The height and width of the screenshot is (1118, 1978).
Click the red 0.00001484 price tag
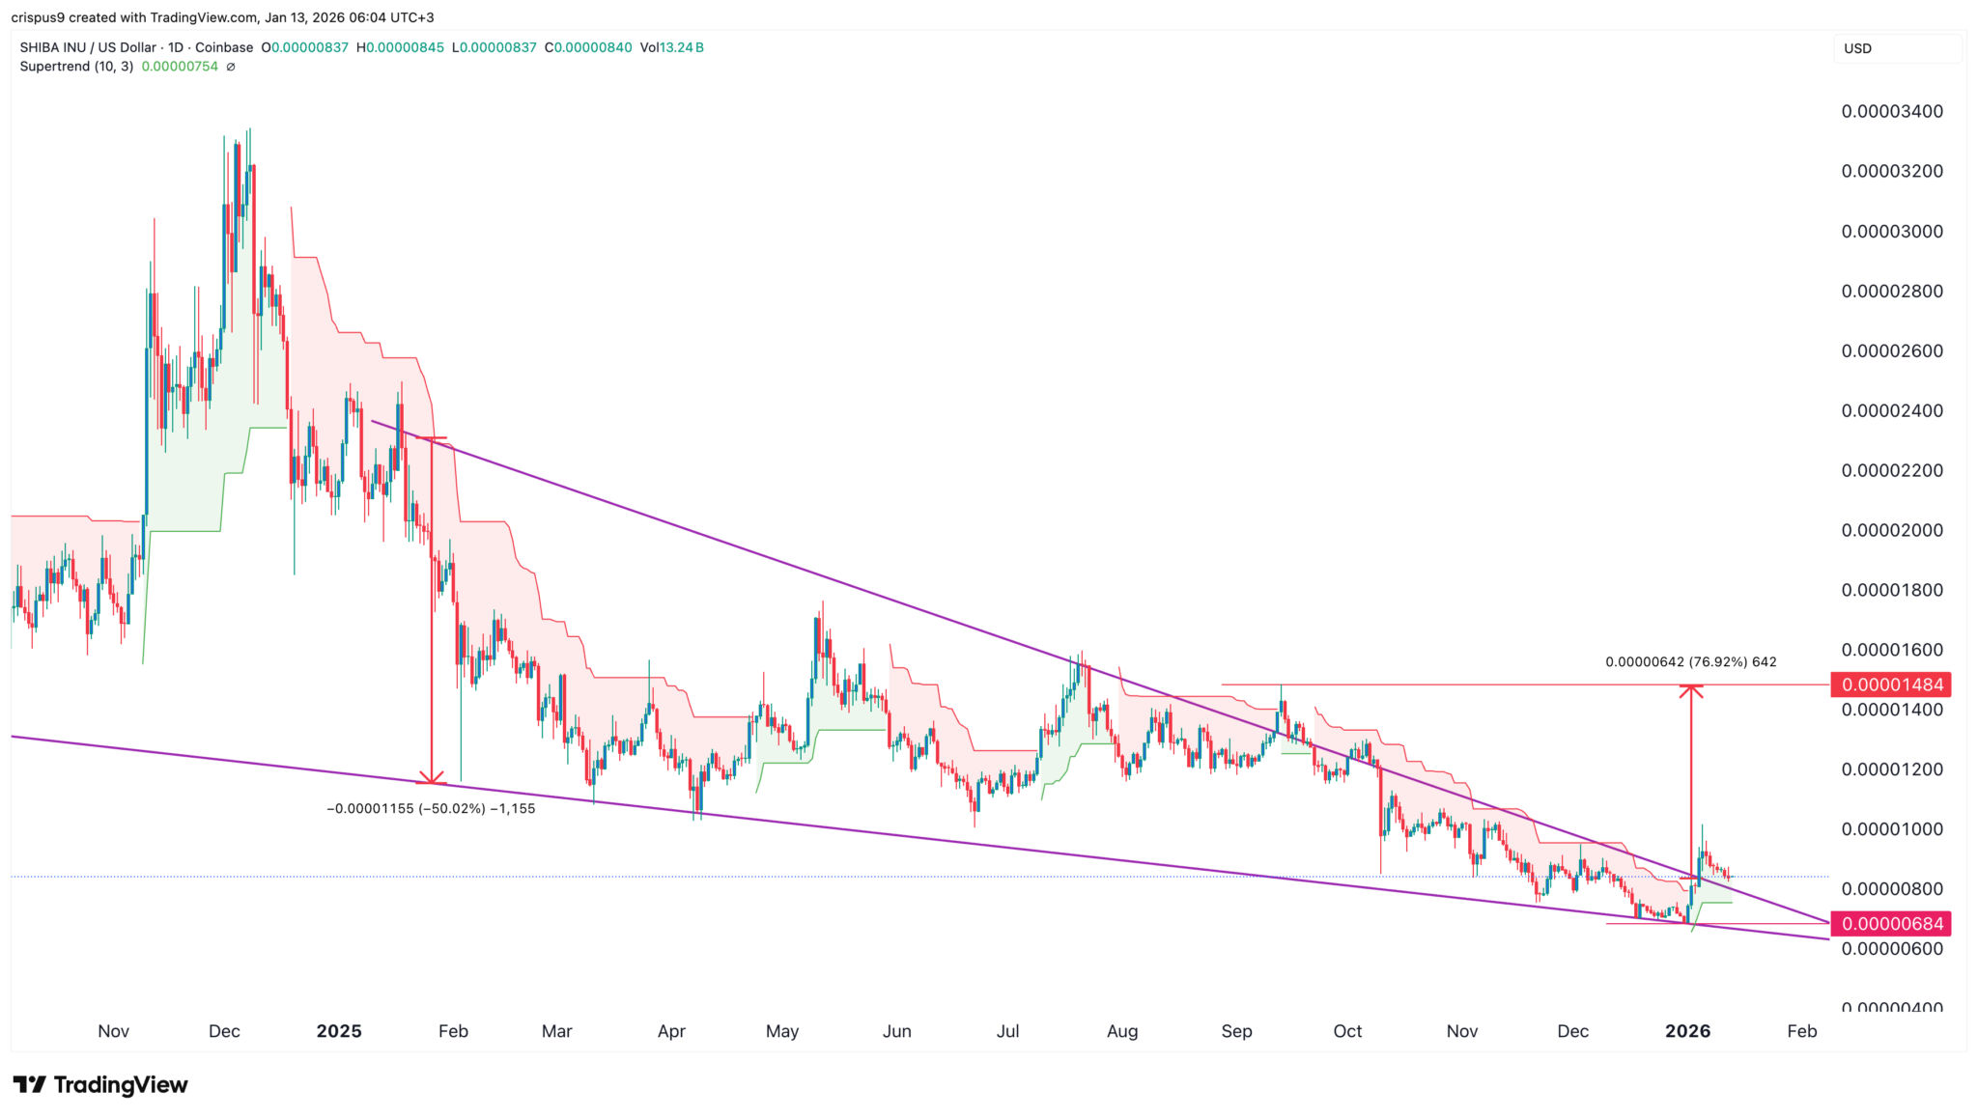(x=1891, y=685)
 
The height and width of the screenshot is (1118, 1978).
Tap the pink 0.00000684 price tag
(x=1891, y=924)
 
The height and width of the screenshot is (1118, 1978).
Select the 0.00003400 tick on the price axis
(x=1891, y=111)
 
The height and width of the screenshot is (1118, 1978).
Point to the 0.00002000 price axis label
(x=1891, y=530)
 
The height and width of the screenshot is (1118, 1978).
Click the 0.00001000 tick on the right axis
(x=1891, y=829)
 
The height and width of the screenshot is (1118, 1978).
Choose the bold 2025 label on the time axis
(x=339, y=1031)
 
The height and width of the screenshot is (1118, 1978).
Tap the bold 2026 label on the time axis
(x=1687, y=1031)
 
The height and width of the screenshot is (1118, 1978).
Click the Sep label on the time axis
(x=1236, y=1031)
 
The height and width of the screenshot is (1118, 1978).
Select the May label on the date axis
(x=782, y=1031)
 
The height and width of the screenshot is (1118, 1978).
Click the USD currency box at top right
(x=1896, y=48)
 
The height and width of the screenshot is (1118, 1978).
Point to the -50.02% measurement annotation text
(x=431, y=809)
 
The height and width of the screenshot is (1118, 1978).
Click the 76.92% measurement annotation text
(x=1690, y=662)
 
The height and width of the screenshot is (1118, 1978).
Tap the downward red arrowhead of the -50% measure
(x=431, y=778)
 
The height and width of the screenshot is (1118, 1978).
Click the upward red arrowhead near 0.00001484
(x=1690, y=689)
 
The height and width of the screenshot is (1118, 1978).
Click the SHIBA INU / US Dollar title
(x=136, y=47)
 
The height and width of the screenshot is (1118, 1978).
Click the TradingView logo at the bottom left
(x=100, y=1085)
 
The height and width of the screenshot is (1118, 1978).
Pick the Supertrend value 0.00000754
(x=180, y=67)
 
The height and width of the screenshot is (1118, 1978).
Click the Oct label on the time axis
(x=1347, y=1031)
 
